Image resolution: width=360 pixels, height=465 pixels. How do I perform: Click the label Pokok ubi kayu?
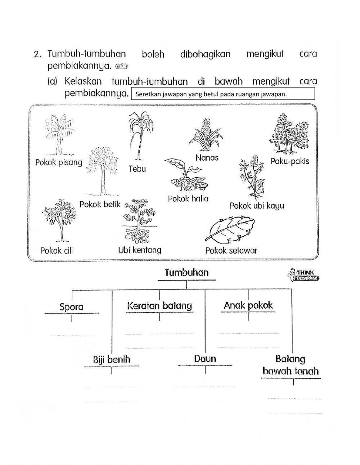(257, 206)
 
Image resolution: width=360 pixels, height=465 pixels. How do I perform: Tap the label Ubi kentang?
(140, 250)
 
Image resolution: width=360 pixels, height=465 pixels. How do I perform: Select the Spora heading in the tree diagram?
(71, 307)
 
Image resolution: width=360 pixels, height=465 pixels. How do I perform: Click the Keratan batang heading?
(159, 306)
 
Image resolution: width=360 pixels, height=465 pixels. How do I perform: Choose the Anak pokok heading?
(248, 305)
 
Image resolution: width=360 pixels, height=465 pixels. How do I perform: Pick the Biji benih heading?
(112, 359)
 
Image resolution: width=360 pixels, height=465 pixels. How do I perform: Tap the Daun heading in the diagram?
(205, 359)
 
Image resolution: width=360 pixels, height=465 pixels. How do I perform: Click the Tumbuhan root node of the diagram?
(186, 273)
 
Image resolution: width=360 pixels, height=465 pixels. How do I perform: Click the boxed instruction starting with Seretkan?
(223, 94)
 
